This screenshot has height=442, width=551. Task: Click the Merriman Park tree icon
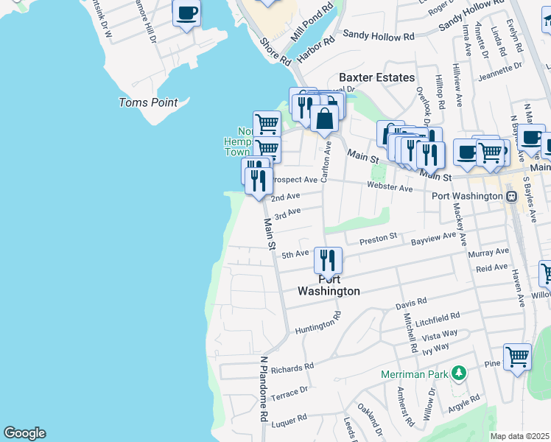tap(460, 373)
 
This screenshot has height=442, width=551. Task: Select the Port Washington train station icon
tap(511, 197)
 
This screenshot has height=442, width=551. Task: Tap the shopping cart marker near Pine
tap(518, 357)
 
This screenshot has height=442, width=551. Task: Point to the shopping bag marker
tap(325, 117)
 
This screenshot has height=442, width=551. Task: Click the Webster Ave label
tap(390, 188)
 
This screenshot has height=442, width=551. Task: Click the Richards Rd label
tap(292, 365)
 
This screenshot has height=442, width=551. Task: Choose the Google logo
tap(24, 433)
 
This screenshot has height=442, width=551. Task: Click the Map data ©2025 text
tap(520, 436)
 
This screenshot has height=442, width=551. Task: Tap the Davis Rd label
tap(411, 302)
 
